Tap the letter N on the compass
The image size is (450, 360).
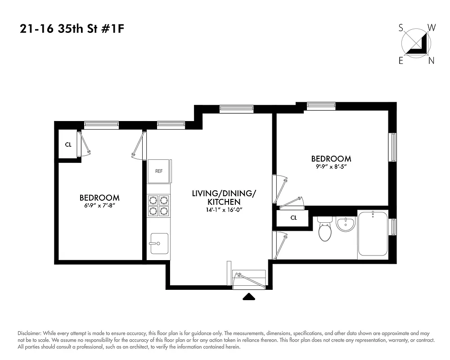click(x=431, y=61)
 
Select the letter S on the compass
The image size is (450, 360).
click(x=400, y=28)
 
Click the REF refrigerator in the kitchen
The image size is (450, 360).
click(x=159, y=171)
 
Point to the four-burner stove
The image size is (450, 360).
click(x=158, y=206)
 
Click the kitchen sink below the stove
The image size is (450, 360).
click(x=158, y=243)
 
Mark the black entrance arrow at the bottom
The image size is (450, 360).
click(x=249, y=297)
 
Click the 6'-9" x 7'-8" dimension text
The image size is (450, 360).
click(x=99, y=206)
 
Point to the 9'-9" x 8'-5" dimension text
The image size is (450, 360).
click(x=331, y=167)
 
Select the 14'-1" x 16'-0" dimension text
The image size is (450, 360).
click(x=224, y=210)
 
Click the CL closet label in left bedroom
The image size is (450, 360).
click(x=68, y=145)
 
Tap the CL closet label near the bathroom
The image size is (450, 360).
click(x=293, y=218)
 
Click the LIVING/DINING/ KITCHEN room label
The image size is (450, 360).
click(x=224, y=198)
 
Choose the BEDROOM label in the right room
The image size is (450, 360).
click(x=331, y=159)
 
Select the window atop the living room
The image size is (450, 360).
click(x=236, y=109)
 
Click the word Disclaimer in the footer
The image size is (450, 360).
click(x=29, y=333)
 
